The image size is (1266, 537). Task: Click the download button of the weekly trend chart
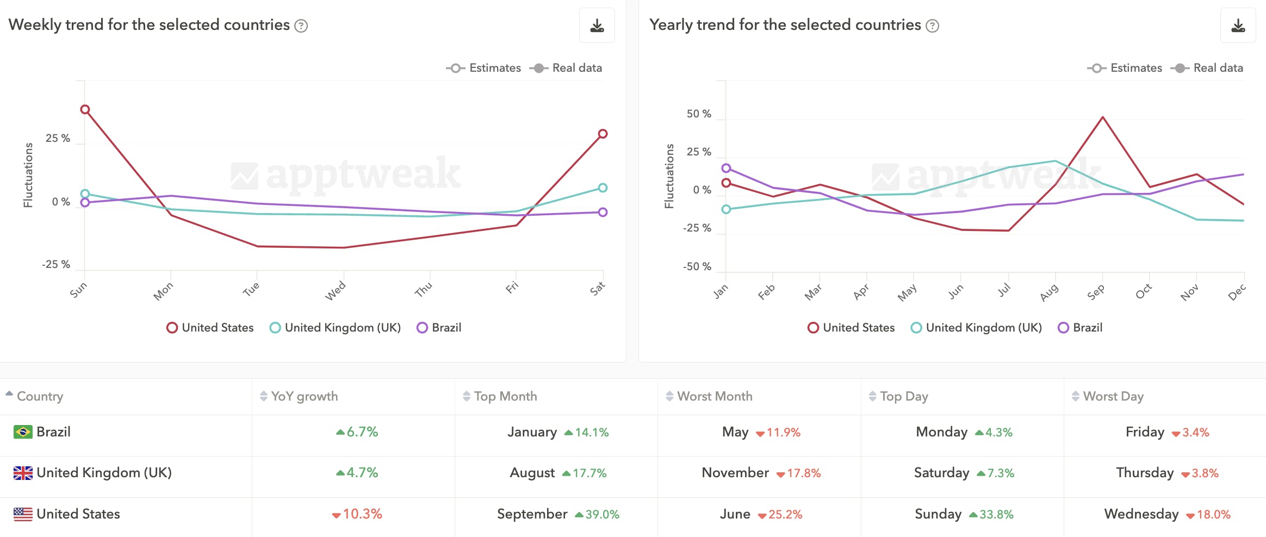click(x=597, y=26)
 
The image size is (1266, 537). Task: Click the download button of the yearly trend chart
click(x=1238, y=26)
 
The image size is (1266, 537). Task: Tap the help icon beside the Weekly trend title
click(x=301, y=26)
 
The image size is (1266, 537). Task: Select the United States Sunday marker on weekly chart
click(x=85, y=109)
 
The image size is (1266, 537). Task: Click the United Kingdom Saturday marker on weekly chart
click(x=603, y=188)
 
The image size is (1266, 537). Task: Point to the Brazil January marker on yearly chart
click(x=726, y=168)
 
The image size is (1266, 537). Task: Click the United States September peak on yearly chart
click(x=1102, y=117)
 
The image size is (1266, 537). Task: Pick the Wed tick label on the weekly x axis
click(x=335, y=291)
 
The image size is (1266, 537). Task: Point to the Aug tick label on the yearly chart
click(x=1049, y=292)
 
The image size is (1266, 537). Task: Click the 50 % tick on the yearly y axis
click(x=699, y=114)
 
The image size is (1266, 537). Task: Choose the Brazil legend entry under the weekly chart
click(x=439, y=328)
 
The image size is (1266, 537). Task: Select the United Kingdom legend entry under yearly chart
click(x=976, y=328)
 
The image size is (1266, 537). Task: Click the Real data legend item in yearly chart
click(x=1210, y=68)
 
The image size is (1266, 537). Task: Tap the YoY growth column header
click(x=304, y=396)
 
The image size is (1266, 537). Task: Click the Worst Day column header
click(x=1113, y=396)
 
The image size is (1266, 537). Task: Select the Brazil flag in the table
click(x=23, y=432)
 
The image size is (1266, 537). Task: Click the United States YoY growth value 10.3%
click(x=357, y=514)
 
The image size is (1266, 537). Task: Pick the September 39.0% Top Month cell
click(x=558, y=514)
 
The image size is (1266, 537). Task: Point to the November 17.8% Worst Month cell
click(x=761, y=473)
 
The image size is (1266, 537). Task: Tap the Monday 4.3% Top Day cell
click(x=964, y=432)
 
